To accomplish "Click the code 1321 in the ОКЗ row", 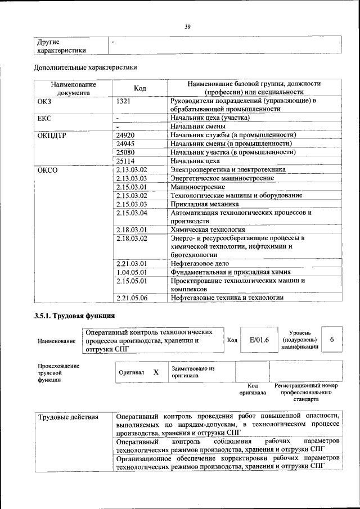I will tap(124, 101).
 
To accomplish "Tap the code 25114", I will tap(126, 161).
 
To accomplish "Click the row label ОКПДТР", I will tap(53, 135).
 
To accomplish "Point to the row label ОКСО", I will tap(47, 169).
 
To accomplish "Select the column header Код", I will tap(140, 88).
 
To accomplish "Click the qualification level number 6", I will tap(332, 340).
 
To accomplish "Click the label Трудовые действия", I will tap(68, 417).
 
